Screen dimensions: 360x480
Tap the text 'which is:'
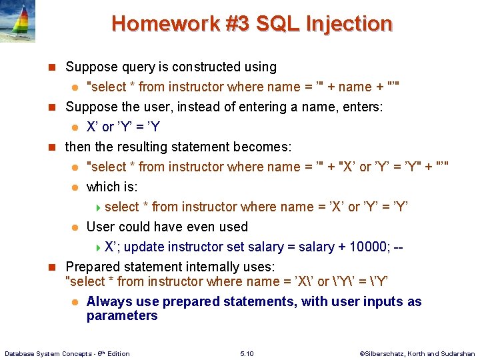[x=112, y=187]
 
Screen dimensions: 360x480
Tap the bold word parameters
[x=122, y=316]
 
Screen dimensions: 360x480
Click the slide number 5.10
[x=247, y=353]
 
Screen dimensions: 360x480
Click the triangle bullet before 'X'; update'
[x=99, y=247]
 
